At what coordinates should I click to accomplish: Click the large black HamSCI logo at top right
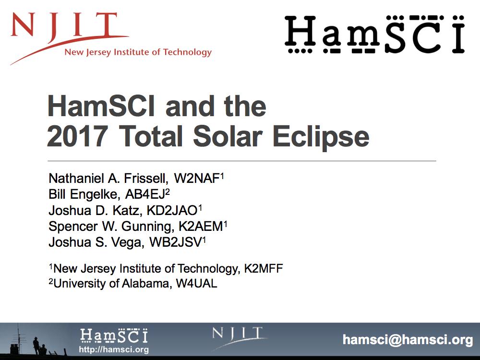coord(374,34)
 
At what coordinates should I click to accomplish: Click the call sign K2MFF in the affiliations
coord(263,268)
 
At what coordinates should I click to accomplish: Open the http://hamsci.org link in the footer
coord(114,350)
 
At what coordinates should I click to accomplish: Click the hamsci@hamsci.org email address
coord(408,340)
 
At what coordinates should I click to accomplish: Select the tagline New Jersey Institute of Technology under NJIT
coord(138,52)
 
